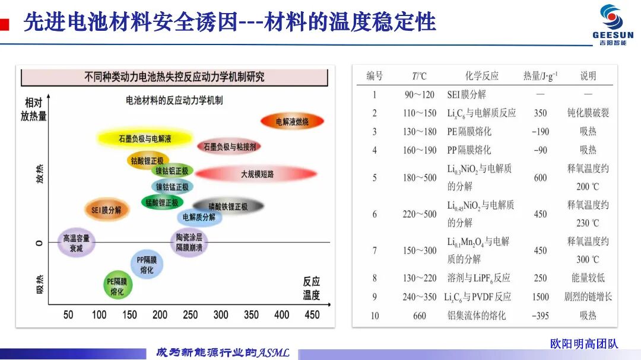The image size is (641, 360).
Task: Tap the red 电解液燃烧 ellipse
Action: (x=292, y=122)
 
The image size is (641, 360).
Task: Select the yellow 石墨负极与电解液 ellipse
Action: (x=145, y=139)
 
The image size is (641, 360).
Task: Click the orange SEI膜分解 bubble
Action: (x=106, y=210)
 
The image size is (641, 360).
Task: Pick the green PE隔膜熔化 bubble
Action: (x=118, y=286)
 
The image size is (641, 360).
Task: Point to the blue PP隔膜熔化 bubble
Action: (x=147, y=265)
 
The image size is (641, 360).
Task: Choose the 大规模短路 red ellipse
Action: (x=257, y=174)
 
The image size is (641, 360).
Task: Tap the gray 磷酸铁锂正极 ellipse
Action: (x=228, y=206)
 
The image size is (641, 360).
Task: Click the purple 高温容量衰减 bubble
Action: (x=76, y=243)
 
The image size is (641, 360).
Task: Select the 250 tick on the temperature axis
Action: (x=190, y=315)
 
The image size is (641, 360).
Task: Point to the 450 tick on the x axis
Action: (x=312, y=315)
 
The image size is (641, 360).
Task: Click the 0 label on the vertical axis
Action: (x=39, y=243)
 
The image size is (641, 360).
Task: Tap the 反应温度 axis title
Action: (x=312, y=288)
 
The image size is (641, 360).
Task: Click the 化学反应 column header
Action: (x=482, y=75)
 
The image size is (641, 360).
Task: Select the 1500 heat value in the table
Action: (x=541, y=297)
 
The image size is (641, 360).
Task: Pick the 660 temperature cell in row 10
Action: (x=420, y=316)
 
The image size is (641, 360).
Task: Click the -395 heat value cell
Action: (x=540, y=316)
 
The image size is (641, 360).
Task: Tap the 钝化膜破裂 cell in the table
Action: (x=588, y=113)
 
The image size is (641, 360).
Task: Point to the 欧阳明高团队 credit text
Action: (x=584, y=343)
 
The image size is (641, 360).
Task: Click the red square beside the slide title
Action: (x=4, y=24)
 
